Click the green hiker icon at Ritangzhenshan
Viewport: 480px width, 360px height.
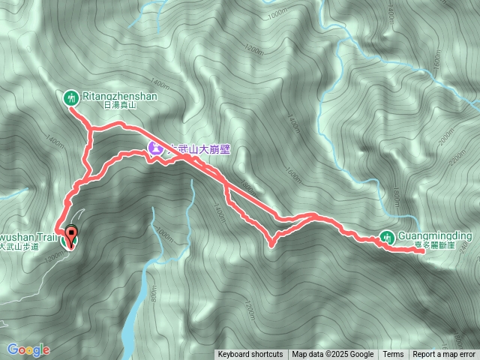click(70, 96)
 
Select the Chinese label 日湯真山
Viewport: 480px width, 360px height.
click(118, 106)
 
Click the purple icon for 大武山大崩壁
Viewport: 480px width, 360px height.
click(154, 148)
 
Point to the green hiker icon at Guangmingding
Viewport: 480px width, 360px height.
click(387, 237)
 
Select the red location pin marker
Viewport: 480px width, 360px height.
click(72, 235)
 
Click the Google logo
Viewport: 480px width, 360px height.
click(28, 349)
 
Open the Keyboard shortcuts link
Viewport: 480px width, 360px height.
click(250, 355)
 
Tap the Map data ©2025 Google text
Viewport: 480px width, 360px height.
click(333, 355)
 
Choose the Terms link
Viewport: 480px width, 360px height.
click(393, 355)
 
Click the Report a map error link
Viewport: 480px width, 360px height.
click(444, 355)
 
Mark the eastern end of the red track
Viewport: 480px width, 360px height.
click(424, 251)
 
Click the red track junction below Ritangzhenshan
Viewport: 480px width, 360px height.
click(90, 131)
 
